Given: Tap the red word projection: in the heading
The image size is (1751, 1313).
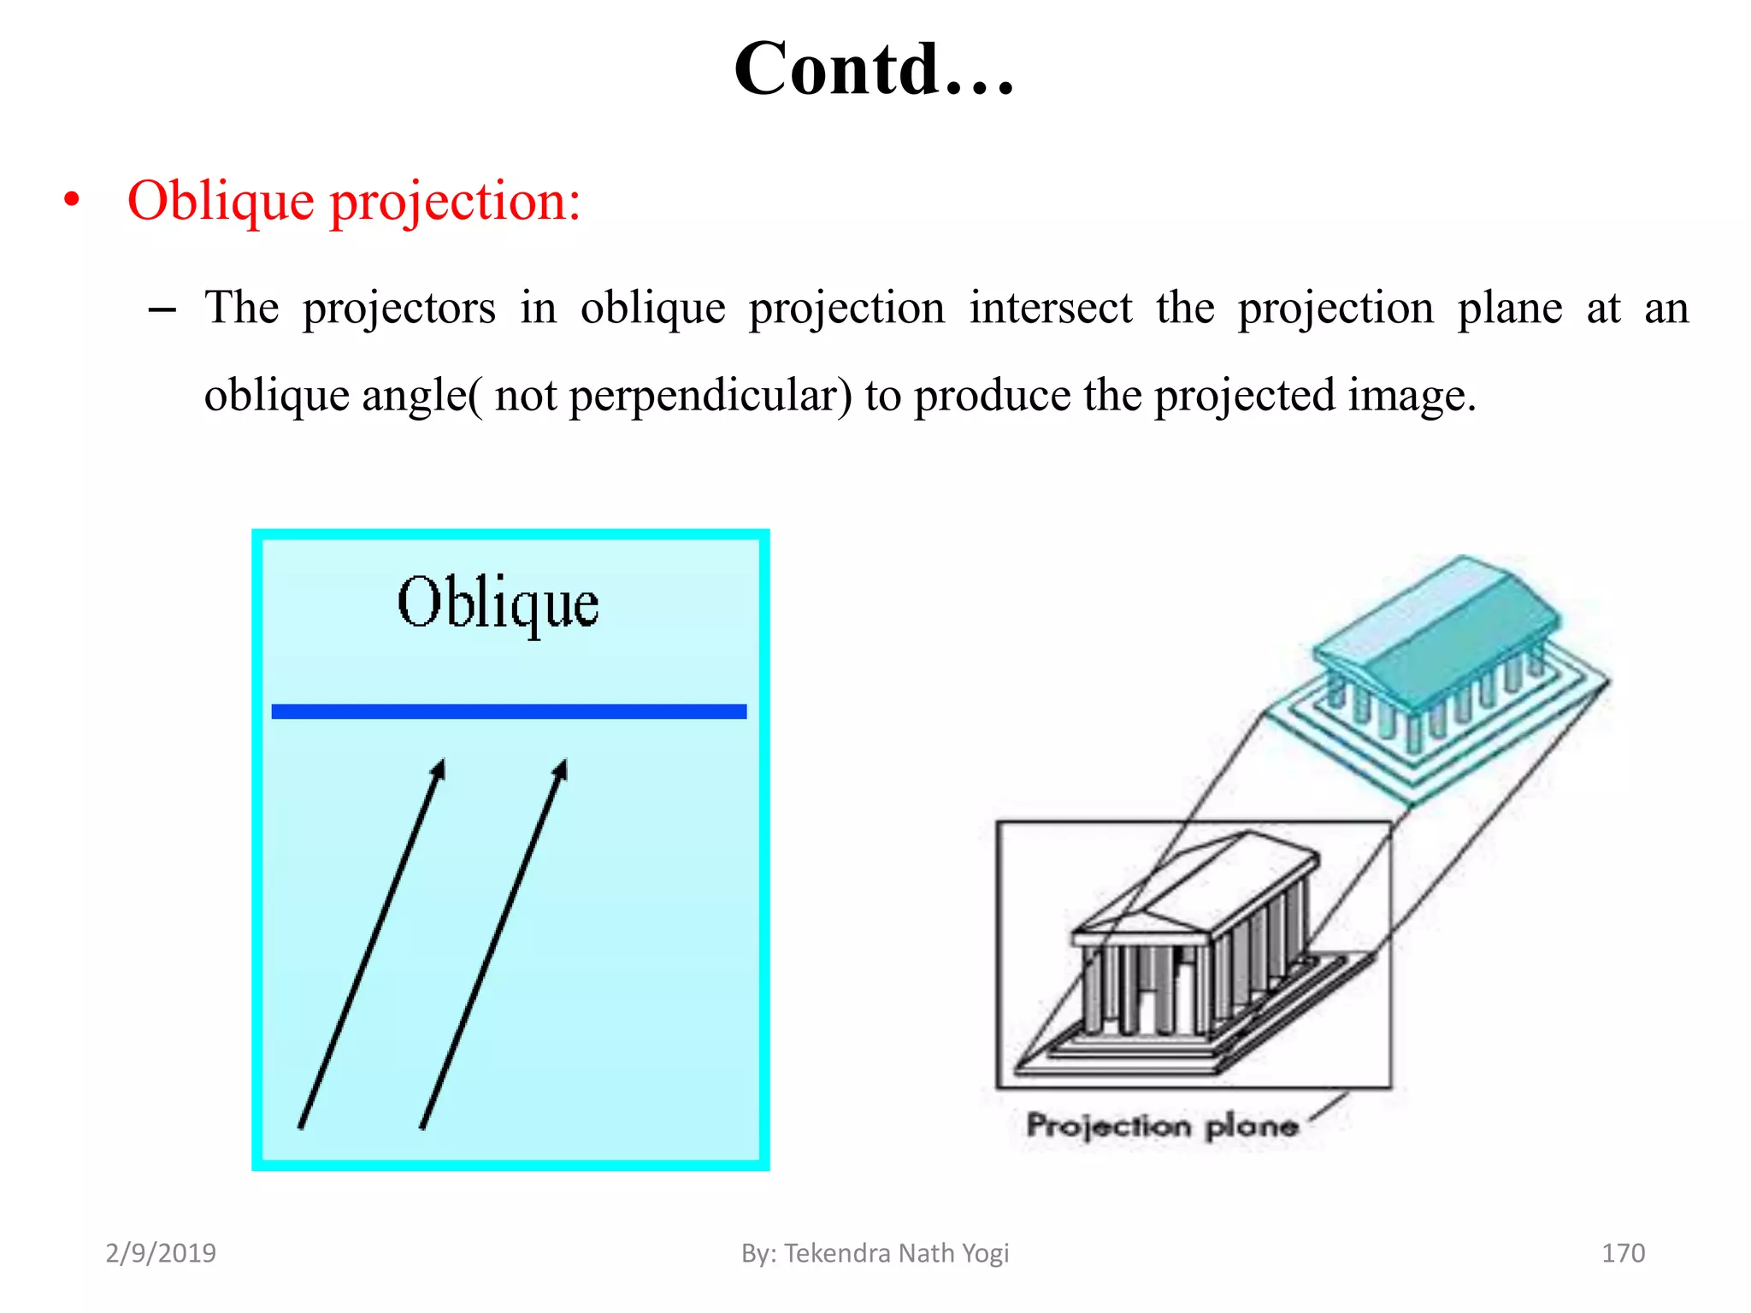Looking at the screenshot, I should [x=456, y=203].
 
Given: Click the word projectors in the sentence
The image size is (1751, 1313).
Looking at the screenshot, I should [x=398, y=309].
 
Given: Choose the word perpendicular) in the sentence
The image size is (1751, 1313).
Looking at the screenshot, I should [x=710, y=396].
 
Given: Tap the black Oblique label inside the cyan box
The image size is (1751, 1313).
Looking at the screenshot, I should [x=498, y=604].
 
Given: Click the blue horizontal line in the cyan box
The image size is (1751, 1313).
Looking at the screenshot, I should [x=509, y=711].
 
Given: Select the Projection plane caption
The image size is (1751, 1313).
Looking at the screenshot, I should [x=1162, y=1125].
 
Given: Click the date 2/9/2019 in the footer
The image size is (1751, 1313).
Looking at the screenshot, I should [x=161, y=1253].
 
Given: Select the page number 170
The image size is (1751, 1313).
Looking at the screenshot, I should [x=1623, y=1253].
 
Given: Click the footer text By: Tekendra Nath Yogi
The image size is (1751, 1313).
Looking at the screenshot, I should [x=875, y=1253].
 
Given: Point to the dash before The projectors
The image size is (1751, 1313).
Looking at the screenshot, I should [x=162, y=309].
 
